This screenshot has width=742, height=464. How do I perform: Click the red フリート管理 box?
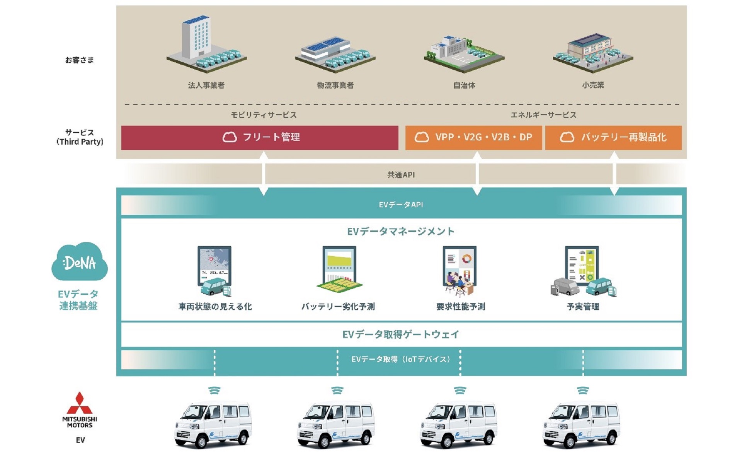[x=260, y=138]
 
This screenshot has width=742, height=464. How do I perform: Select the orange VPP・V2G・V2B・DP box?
[x=473, y=138]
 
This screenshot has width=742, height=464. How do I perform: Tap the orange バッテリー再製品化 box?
[x=613, y=138]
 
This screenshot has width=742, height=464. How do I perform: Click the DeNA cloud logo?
[x=79, y=262]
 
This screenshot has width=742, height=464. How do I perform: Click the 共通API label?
[x=401, y=175]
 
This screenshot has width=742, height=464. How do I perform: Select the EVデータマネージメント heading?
[x=401, y=232]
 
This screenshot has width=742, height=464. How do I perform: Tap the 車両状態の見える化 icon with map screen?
[x=214, y=271]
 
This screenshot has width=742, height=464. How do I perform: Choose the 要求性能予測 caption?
[x=460, y=307]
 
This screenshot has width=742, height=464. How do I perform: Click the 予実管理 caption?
[x=583, y=307]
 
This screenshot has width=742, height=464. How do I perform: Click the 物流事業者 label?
[x=335, y=85]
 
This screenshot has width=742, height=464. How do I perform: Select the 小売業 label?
[x=593, y=85]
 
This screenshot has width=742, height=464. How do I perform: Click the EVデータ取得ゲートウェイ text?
[x=401, y=334]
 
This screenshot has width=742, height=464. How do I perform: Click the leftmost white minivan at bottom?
[x=213, y=425]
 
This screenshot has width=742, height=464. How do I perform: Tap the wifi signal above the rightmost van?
[x=583, y=391]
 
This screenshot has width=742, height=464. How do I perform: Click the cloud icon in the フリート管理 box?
[x=230, y=137]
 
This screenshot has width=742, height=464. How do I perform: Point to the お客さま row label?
[x=80, y=60]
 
